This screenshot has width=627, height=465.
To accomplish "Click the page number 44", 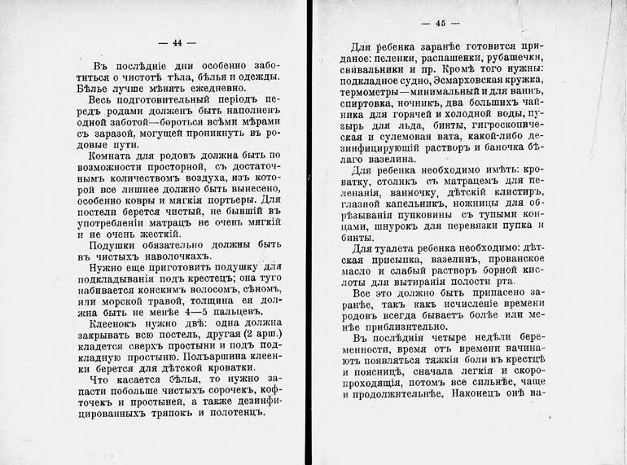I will [x=174, y=44].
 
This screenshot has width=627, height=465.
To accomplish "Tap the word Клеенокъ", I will [x=113, y=322].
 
